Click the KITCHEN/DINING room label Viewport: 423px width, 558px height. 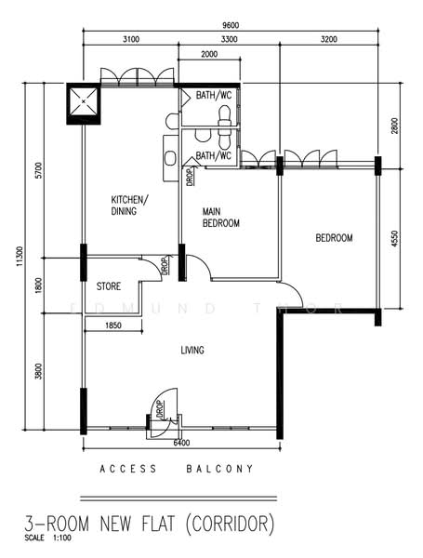click(x=130, y=206)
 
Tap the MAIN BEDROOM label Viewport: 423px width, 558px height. click(x=221, y=218)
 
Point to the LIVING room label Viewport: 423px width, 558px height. click(x=192, y=350)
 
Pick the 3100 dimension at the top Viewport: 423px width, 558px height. click(x=130, y=39)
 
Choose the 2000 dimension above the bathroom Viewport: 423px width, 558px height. click(x=211, y=55)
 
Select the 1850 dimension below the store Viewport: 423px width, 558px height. click(x=113, y=325)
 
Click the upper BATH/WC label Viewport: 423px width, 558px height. click(x=213, y=95)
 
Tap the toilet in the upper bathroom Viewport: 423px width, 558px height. click(x=223, y=113)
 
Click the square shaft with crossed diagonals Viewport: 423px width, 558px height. click(x=83, y=103)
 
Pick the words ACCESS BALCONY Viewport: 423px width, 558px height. click(x=176, y=470)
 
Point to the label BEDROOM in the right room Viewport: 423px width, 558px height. click(x=334, y=239)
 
